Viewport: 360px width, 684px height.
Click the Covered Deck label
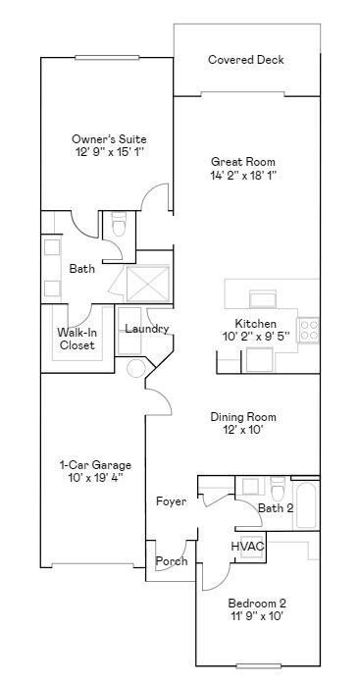coord(246,60)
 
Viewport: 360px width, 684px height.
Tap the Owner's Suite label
coord(108,139)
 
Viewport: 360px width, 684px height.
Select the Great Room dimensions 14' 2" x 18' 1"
coord(243,176)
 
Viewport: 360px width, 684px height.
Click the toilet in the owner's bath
coord(119,225)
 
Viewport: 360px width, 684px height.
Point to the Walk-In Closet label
coord(77,339)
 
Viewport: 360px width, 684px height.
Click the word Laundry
coord(146,329)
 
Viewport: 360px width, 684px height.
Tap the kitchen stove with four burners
coord(309,331)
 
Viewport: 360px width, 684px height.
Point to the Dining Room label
coord(242,417)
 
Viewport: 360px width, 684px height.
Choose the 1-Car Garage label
coord(95,464)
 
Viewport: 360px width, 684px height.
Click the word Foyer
coord(171,502)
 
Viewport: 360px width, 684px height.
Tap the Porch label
coord(172,562)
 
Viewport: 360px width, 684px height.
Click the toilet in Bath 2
coord(278,488)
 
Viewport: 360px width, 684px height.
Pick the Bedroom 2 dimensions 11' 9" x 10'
coord(256,617)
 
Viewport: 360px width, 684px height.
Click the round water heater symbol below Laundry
coord(136,368)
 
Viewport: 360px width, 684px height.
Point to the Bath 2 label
coord(276,508)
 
